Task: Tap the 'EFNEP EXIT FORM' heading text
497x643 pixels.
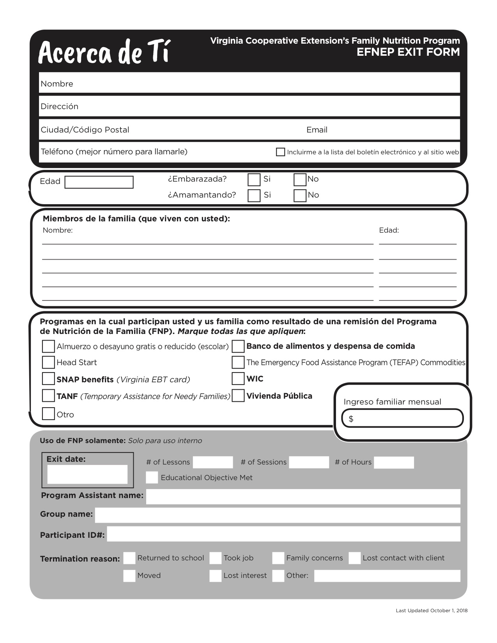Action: click(x=408, y=52)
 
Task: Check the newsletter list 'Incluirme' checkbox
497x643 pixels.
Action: click(x=280, y=152)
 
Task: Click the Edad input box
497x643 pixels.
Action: click(x=99, y=182)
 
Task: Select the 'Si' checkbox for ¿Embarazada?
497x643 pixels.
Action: click(x=254, y=180)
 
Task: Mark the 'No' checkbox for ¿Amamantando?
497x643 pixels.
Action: click(x=300, y=195)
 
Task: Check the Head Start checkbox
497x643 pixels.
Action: click(x=48, y=362)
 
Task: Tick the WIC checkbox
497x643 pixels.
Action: click(x=238, y=378)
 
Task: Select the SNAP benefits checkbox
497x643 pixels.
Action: click(x=48, y=379)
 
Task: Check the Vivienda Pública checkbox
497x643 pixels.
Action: click(x=238, y=396)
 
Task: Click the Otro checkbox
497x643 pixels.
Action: click(x=48, y=413)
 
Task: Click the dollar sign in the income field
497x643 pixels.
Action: click(x=351, y=419)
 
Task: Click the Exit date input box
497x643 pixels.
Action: click(x=87, y=474)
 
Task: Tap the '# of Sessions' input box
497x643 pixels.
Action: click(x=309, y=463)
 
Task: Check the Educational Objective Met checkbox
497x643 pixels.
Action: click(x=152, y=477)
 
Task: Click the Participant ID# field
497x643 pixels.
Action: click(x=283, y=534)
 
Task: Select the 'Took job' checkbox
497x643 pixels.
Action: click(x=215, y=558)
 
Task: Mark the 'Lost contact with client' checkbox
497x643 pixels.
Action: click(x=354, y=558)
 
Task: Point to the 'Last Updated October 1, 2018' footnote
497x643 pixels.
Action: click(x=432, y=611)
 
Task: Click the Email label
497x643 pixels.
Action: click(x=317, y=130)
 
